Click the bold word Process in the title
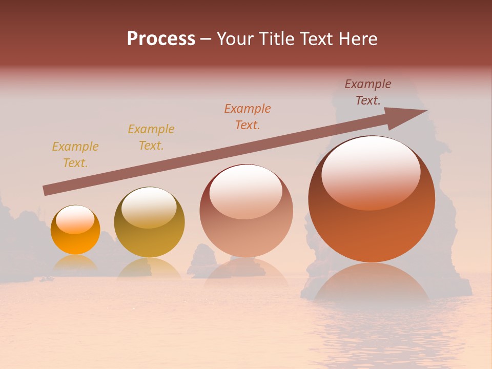pos(161,39)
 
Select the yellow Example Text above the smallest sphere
pos(75,155)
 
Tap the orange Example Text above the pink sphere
pos(248,117)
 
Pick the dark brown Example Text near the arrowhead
pos(368,92)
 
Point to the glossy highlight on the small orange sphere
pos(75,219)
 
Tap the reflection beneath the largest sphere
pos(371,282)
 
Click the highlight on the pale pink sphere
pos(245,191)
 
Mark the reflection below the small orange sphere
pos(75,263)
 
